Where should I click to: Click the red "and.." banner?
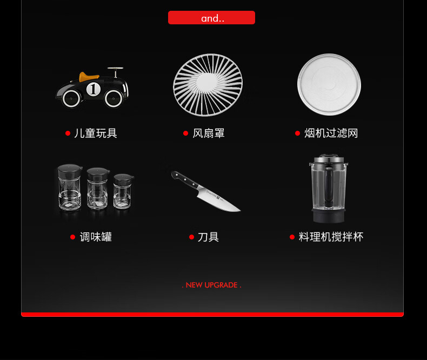tap(211, 18)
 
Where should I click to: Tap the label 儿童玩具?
tap(96, 133)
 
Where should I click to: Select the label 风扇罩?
tap(209, 133)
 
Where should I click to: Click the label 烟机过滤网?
tap(331, 133)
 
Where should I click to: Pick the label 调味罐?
tap(96, 237)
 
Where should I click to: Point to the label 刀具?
tap(208, 237)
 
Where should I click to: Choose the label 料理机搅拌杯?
tap(331, 237)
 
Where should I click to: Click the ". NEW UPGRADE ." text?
tap(211, 285)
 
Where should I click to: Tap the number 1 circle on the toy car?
tap(93, 89)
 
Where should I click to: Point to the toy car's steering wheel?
tap(115, 69)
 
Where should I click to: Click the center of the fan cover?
tap(208, 85)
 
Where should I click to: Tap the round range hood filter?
tap(329, 85)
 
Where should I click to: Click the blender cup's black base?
tap(328, 216)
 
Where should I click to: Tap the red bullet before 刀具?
tap(191, 237)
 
